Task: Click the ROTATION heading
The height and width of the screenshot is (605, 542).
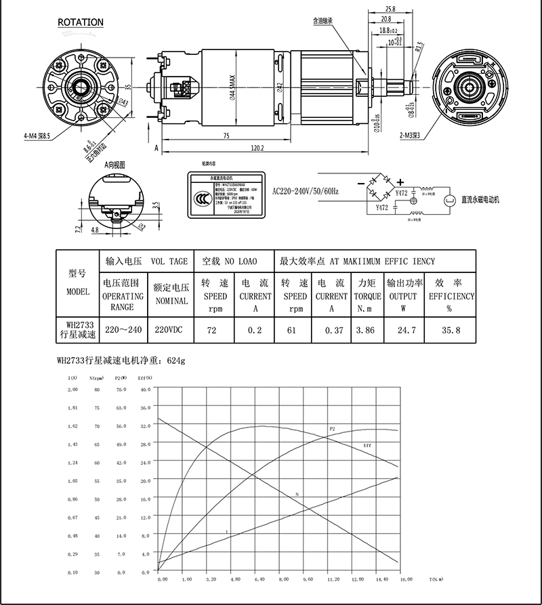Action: coord(81,22)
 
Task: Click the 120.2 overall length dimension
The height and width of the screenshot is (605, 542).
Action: coord(256,147)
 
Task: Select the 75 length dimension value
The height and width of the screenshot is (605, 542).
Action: coord(226,135)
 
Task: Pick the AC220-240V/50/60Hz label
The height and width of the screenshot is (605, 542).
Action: coord(306,192)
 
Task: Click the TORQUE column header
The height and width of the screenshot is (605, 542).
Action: coord(366,296)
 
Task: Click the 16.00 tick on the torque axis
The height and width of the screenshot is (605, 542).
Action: coord(405,580)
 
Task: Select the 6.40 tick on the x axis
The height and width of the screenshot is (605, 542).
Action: coord(259,580)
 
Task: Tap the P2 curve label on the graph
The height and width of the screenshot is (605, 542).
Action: coord(332,430)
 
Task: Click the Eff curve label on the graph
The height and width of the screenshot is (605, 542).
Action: coord(368,445)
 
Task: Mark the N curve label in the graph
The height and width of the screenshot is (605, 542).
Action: coord(297,495)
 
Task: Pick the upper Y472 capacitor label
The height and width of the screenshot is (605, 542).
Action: coord(401,194)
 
